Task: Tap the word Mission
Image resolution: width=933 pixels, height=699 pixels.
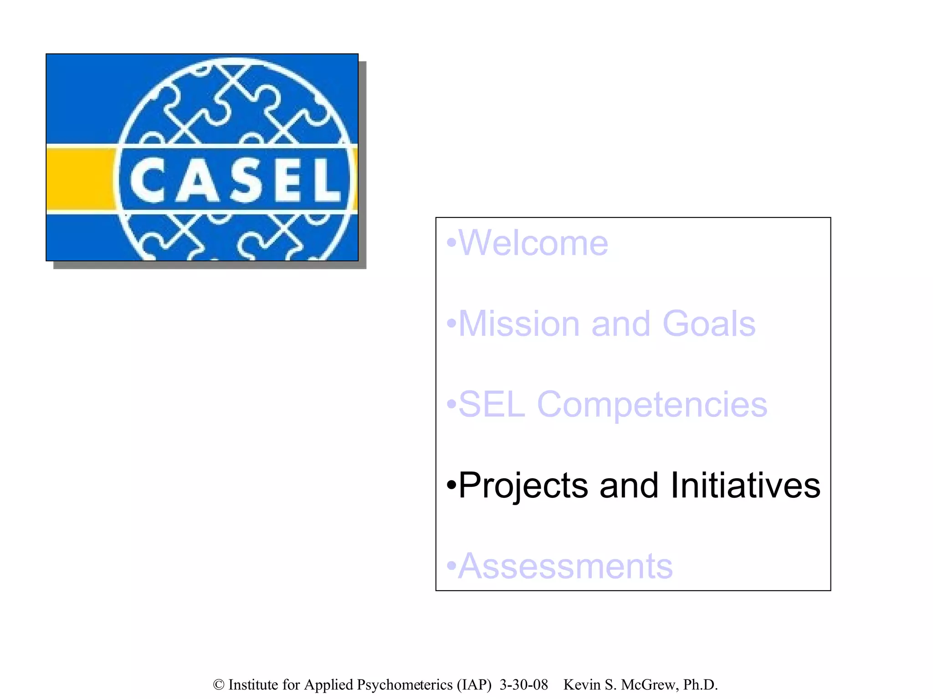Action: click(x=519, y=324)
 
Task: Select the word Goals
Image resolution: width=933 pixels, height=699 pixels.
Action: click(x=709, y=324)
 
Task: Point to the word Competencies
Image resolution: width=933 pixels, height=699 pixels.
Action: click(x=652, y=405)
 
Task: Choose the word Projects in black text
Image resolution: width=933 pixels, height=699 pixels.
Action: click(x=523, y=486)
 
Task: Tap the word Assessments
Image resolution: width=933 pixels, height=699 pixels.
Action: click(x=565, y=567)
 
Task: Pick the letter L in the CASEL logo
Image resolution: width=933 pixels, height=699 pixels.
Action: click(x=325, y=180)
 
